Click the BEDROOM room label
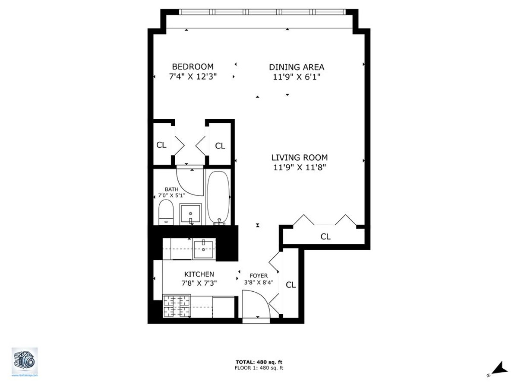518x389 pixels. [x=193, y=67]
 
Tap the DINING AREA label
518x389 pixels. [x=297, y=67]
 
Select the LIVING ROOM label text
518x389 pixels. [x=299, y=158]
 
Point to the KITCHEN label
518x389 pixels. [x=199, y=274]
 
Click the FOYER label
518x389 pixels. [x=259, y=276]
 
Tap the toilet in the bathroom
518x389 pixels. [x=165, y=212]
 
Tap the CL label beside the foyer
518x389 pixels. [x=291, y=285]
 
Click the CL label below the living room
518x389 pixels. [x=325, y=236]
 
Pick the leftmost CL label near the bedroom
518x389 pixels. [x=161, y=145]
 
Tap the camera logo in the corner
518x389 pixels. [x=25, y=360]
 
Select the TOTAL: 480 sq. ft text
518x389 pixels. [x=259, y=362]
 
